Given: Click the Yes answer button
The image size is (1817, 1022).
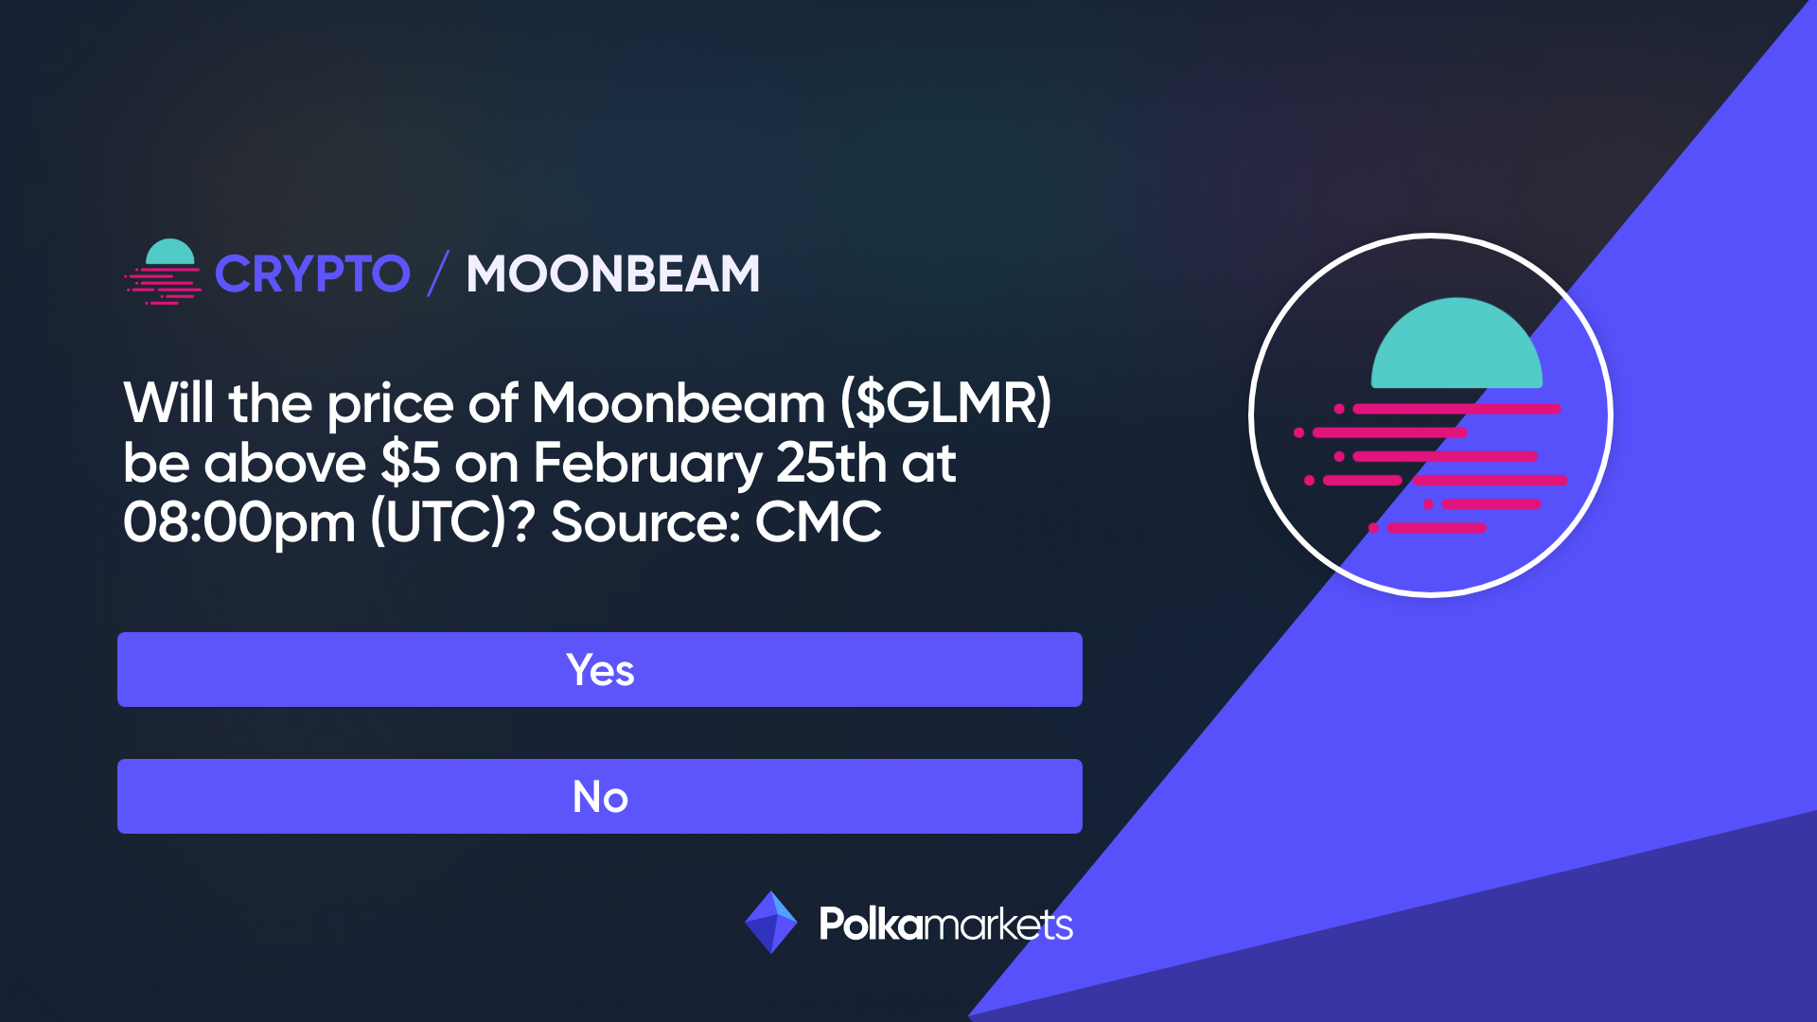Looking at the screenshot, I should pyautogui.click(x=599, y=669).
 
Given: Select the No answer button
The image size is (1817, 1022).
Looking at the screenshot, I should pyautogui.click(x=599, y=796).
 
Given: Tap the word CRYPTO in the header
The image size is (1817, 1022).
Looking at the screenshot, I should pyautogui.click(x=312, y=274).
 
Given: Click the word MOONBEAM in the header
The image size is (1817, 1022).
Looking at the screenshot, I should pyautogui.click(x=612, y=274).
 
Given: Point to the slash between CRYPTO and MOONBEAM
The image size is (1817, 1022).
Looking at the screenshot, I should pyautogui.click(x=437, y=273).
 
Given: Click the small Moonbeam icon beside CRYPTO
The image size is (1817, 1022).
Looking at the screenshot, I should pyautogui.click(x=164, y=272).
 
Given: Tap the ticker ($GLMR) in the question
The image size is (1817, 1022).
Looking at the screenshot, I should pyautogui.click(x=945, y=403).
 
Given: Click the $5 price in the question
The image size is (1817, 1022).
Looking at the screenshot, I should pyautogui.click(x=410, y=464).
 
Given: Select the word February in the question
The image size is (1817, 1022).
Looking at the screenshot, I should pyautogui.click(x=646, y=464).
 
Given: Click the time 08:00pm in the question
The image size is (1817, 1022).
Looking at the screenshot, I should pyautogui.click(x=238, y=522).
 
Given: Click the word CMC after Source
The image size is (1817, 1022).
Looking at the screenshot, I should pyautogui.click(x=818, y=522).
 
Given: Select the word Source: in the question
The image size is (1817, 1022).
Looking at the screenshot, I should pyautogui.click(x=645, y=522).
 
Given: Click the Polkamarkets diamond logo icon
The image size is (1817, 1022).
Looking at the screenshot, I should pyautogui.click(x=771, y=922).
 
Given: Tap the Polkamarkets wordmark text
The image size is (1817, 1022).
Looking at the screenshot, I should pyautogui.click(x=945, y=924).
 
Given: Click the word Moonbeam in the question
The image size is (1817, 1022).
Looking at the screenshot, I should pyautogui.click(x=678, y=403).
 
